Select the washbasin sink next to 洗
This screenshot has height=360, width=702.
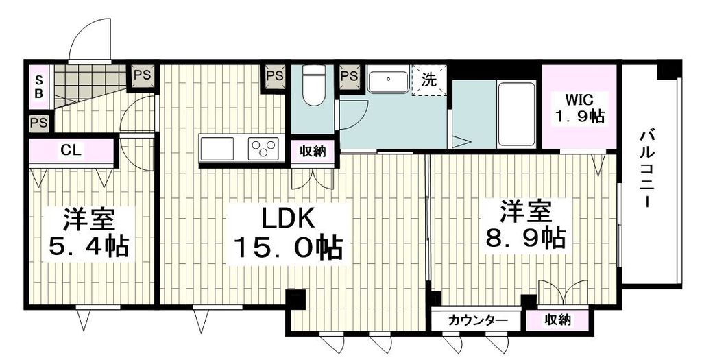coord(389,80)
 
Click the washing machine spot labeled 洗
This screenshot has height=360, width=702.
coord(429,80)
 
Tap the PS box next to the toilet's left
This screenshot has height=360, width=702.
coord(275,75)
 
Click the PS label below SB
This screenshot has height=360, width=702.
coord(38,123)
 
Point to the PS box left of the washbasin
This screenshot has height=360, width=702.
coord(349,75)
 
